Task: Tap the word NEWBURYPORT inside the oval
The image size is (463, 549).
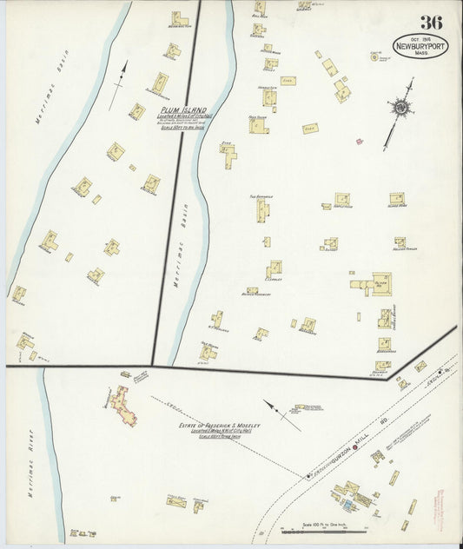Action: point(420,43)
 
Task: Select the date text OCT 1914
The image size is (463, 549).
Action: point(420,35)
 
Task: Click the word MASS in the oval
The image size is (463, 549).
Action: point(420,52)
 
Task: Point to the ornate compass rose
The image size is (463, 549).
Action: point(401,108)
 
